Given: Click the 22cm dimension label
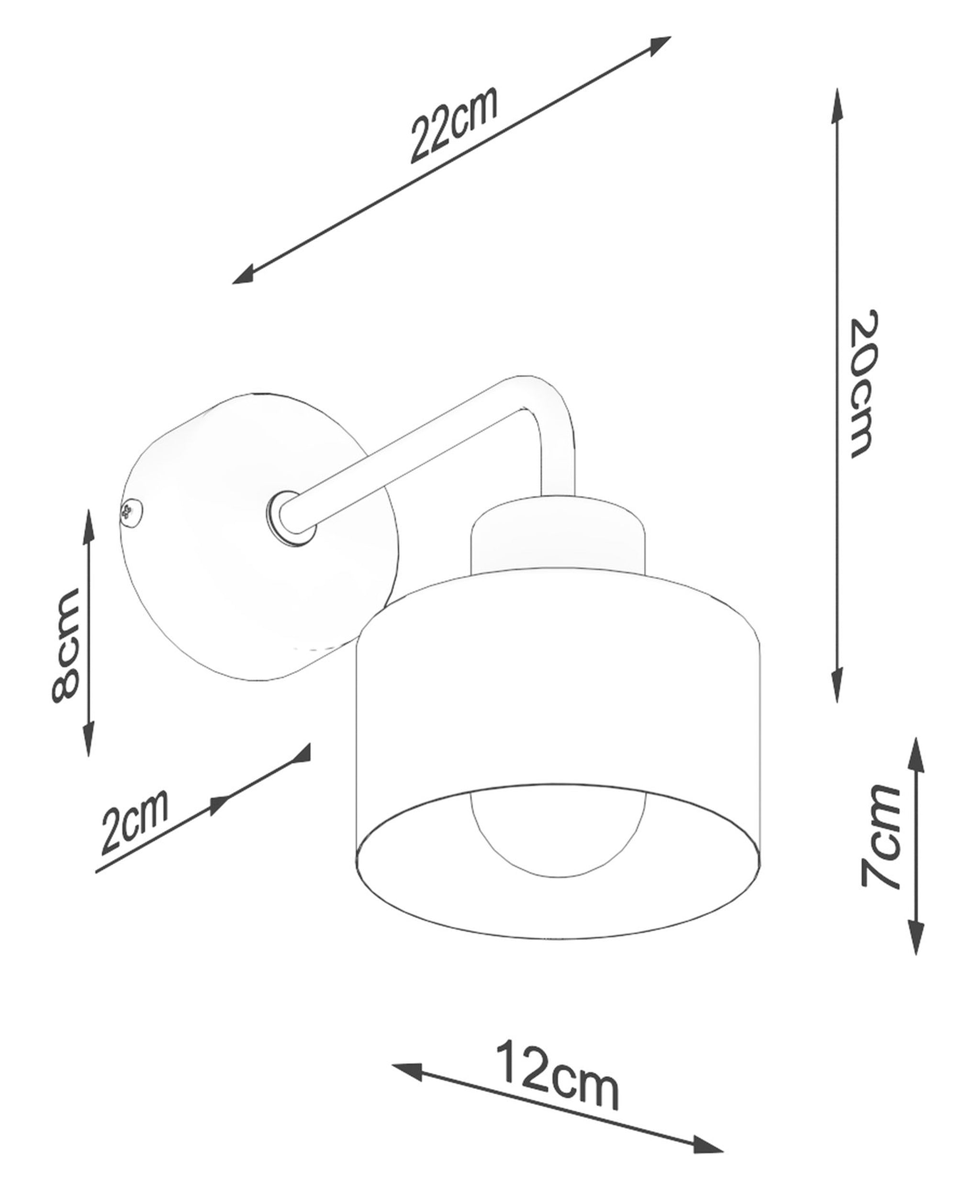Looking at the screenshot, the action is coord(454,125).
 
